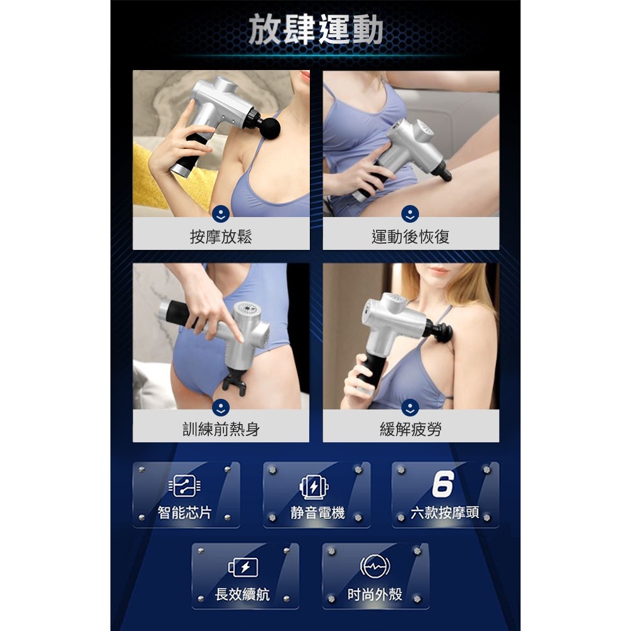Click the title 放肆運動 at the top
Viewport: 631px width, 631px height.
pyautogui.click(x=315, y=30)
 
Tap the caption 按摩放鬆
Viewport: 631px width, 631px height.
pyautogui.click(x=221, y=237)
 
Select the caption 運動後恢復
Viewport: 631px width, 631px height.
pyautogui.click(x=411, y=237)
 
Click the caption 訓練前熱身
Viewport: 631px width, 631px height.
pyautogui.click(x=221, y=430)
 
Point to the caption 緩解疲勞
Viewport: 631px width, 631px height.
pyautogui.click(x=411, y=430)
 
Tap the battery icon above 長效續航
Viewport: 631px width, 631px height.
pyautogui.click(x=243, y=567)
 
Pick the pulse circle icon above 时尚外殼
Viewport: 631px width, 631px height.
pyautogui.click(x=375, y=567)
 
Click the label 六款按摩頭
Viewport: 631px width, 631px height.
pyautogui.click(x=444, y=512)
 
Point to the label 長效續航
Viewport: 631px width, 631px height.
pyautogui.click(x=243, y=594)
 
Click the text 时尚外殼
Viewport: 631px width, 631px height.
pyautogui.click(x=375, y=594)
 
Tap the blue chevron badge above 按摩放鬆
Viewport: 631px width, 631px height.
pyautogui.click(x=221, y=213)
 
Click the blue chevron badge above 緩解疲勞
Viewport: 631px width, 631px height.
pyautogui.click(x=411, y=406)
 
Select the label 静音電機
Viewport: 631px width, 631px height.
pyautogui.click(x=317, y=512)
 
